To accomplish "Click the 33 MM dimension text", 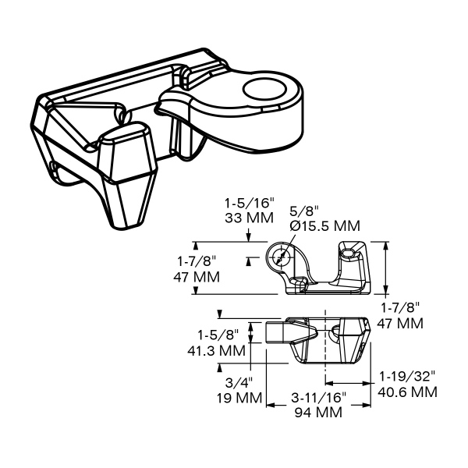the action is coord(249,218).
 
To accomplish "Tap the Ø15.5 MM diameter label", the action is coord(325,226).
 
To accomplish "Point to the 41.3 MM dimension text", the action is coord(216,350).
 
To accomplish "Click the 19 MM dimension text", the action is coord(239,398).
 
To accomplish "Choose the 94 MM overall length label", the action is coord(318,413).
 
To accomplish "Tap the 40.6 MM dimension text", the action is coord(407,392).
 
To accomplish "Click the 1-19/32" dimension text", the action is coord(407,377).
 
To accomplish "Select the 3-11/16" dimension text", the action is coord(318,398).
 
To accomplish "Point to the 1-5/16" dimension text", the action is coord(249,204).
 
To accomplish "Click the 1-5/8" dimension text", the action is coord(218,335).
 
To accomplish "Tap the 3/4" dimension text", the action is coord(239,383).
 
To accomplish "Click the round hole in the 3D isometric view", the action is coord(264,89).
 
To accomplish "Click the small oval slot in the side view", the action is coord(348,253).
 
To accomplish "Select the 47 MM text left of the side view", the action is coord(197,277).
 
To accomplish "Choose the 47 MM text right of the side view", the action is coord(400,323).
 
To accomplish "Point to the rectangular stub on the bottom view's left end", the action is coord(274,332).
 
